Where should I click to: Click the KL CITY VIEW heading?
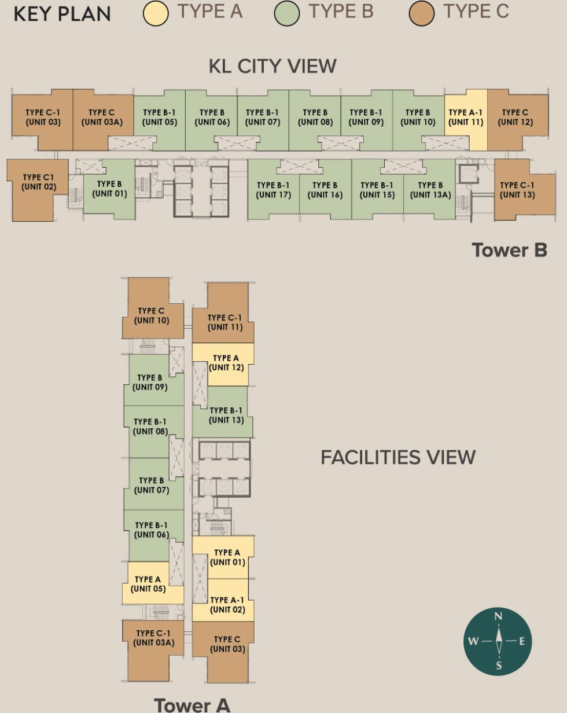pos(272,66)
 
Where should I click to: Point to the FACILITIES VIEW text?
pos(397,457)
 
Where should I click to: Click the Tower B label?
pos(509,250)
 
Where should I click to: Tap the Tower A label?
pos(192,704)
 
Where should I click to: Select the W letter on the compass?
pos(473,641)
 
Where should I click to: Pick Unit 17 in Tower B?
pos(273,190)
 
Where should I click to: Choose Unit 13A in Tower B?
pos(430,190)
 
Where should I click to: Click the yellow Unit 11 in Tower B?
pos(466,117)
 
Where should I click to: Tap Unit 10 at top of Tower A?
pos(152,315)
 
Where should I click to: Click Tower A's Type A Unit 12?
pos(226,363)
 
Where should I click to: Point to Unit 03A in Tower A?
pos(153,638)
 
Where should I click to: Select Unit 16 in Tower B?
pos(325,190)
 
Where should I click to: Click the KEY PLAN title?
pos(62,14)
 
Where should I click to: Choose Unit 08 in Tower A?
pos(150,427)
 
